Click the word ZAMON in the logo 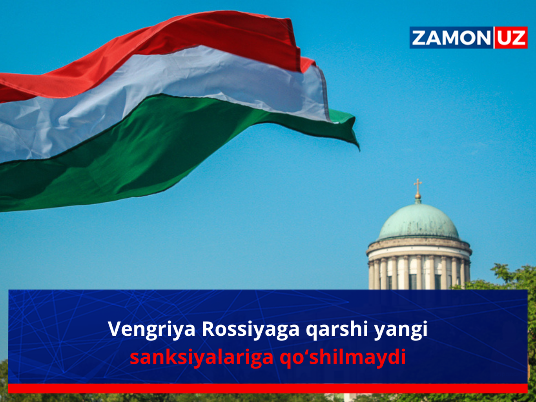[x=450, y=38]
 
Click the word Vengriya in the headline [x=151, y=329]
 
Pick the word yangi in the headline [x=400, y=329]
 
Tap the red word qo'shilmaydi [x=342, y=357]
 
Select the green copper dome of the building [x=418, y=222]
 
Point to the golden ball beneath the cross [x=418, y=195]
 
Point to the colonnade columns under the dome [x=418, y=273]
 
